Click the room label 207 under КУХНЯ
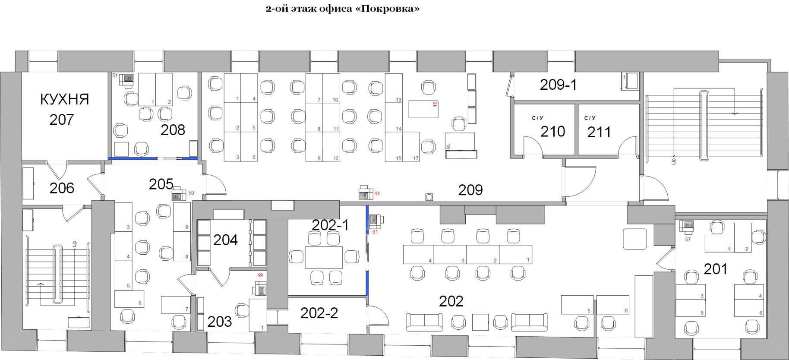coord(62,120)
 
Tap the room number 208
coord(173,129)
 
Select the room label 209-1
coord(558,85)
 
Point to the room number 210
coord(553,131)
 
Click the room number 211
coord(599,132)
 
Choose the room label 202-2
coord(319,313)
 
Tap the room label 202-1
coord(330,225)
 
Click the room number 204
coord(226,240)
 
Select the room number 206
coord(62,188)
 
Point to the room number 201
coord(716,269)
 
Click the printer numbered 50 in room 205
coord(178,194)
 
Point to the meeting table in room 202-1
coord(324,257)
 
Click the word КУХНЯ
coord(65,99)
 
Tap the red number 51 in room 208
coord(115,76)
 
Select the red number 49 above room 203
coord(260,275)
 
